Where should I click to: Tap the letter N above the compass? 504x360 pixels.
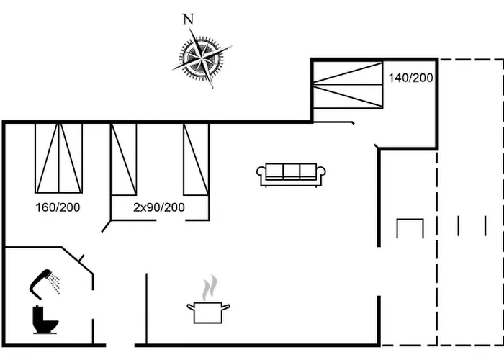(189, 19)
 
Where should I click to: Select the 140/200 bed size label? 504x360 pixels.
(411, 77)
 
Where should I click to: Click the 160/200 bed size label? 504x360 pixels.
(58, 207)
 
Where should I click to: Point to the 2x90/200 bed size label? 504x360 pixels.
(159, 207)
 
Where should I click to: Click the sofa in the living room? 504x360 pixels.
(291, 174)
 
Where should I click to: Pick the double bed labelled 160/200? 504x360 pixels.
(59, 158)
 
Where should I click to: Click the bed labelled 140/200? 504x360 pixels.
(348, 84)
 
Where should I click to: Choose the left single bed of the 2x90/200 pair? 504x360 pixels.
(123, 158)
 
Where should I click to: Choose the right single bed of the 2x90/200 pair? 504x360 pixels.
(196, 158)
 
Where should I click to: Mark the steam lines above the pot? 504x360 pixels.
(209, 289)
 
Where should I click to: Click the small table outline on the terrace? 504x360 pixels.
(410, 228)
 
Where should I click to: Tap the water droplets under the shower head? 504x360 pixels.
(54, 287)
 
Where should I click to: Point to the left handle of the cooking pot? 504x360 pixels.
(189, 308)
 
